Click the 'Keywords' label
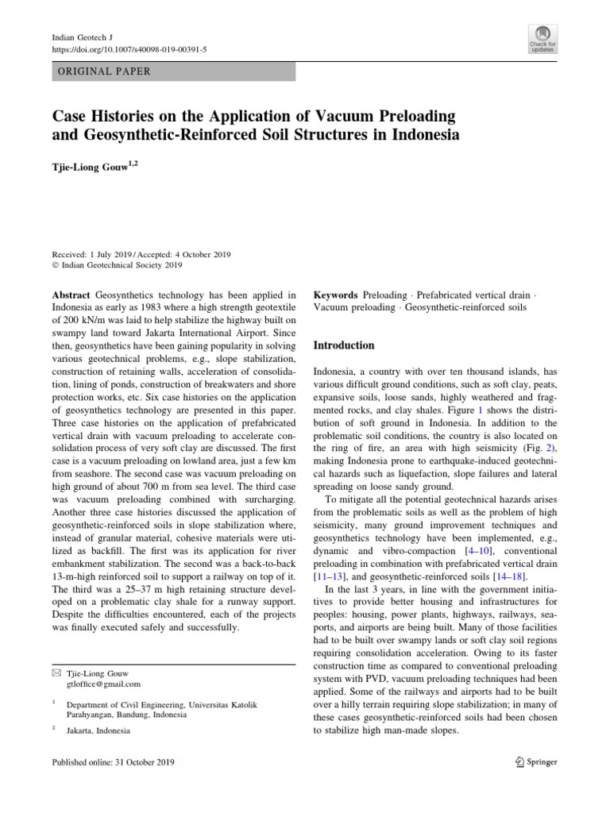336,295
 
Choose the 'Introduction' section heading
344,345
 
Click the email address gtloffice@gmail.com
103,684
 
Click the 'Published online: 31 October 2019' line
113,762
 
